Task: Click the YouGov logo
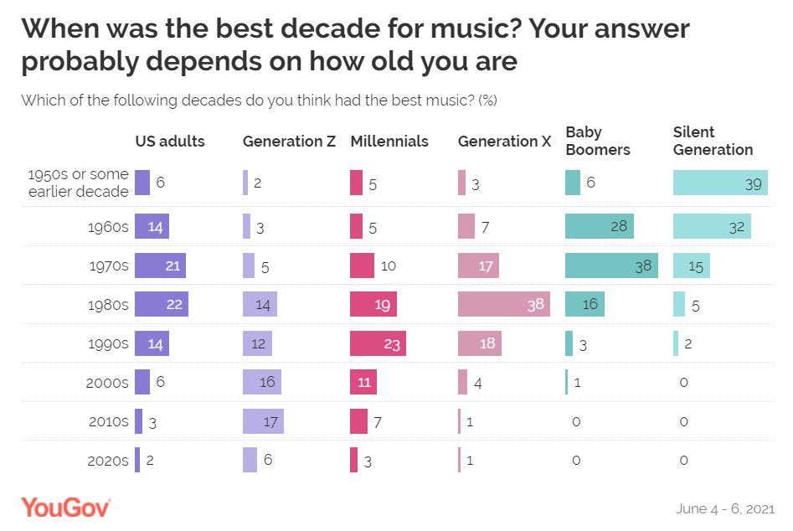(66, 507)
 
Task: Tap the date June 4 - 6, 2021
(723, 508)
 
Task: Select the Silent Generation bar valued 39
(719, 183)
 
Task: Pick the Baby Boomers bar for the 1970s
(612, 265)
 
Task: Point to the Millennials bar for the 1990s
(378, 343)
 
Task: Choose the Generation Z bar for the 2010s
(263, 421)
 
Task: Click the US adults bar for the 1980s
(162, 304)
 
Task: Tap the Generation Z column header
(289, 142)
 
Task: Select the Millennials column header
(389, 142)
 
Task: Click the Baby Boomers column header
(598, 141)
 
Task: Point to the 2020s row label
(109, 461)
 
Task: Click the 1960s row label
(109, 227)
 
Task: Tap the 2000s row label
(109, 383)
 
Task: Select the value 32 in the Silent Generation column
(737, 227)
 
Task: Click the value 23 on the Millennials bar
(393, 343)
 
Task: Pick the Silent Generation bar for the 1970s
(692, 265)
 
